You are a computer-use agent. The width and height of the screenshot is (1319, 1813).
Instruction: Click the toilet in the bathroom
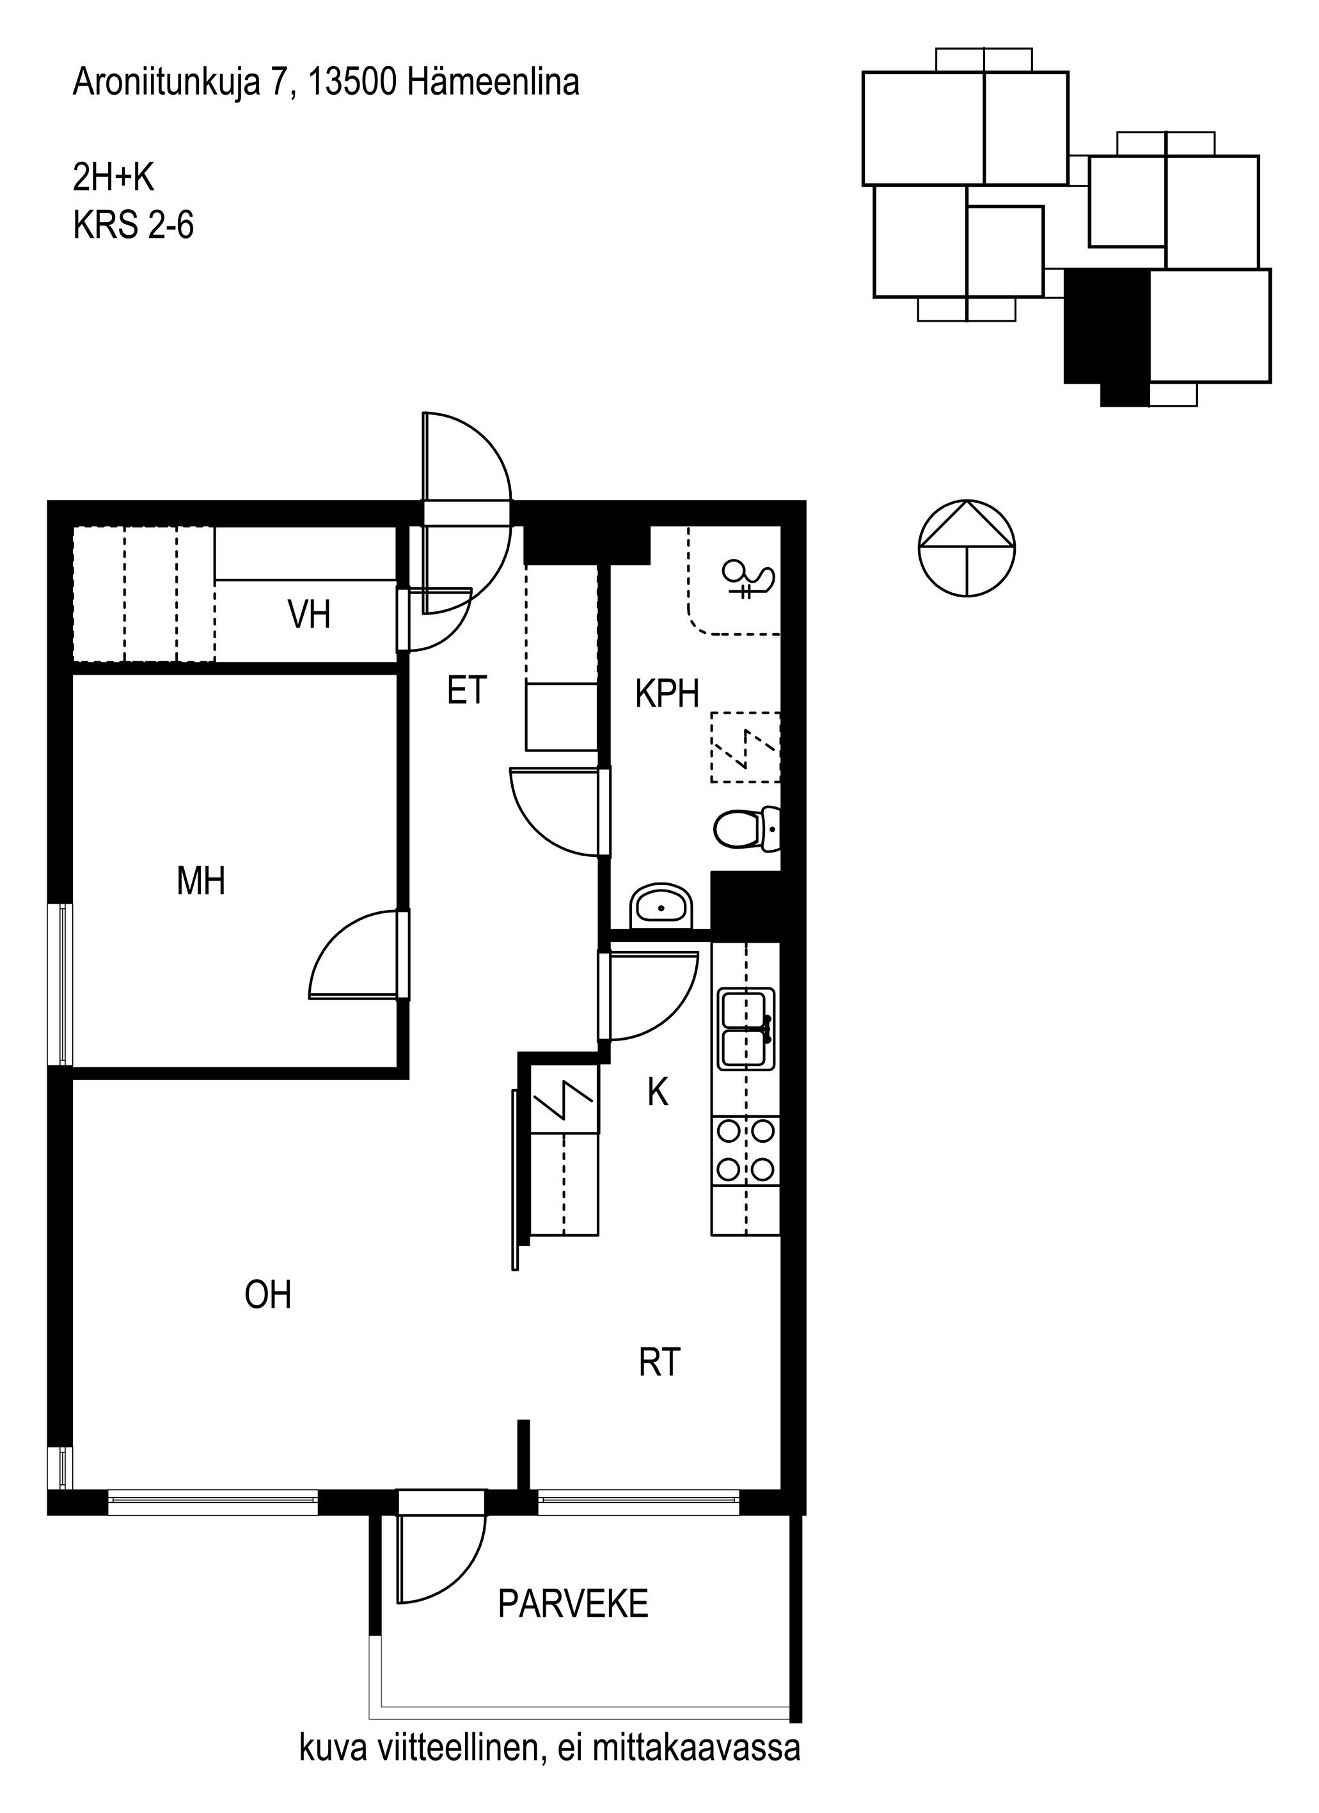746,829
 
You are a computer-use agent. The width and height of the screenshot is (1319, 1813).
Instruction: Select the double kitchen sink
746,1029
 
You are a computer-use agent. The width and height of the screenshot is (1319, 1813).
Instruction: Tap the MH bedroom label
201,881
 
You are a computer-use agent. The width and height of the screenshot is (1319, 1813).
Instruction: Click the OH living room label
268,1294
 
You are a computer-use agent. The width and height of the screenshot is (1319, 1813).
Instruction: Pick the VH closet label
308,615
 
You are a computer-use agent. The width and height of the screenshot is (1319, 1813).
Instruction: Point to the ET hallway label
467,691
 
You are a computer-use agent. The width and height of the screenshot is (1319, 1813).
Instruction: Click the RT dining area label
660,1362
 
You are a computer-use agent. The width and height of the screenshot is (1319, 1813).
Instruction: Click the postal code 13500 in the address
352,82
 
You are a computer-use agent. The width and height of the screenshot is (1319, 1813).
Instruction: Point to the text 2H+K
113,178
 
